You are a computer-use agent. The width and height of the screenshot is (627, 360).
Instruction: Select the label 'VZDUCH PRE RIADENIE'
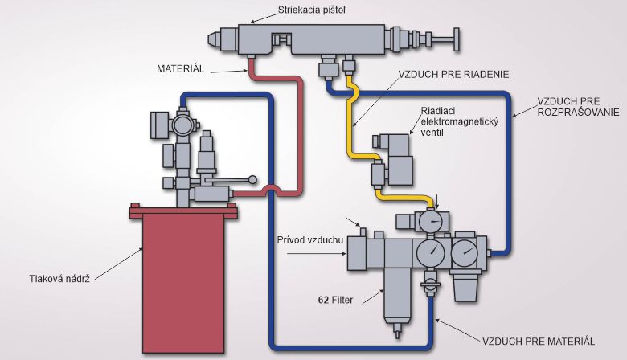[x=454, y=74]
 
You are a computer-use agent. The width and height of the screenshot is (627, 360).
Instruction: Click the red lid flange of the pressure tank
[x=182, y=212]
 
